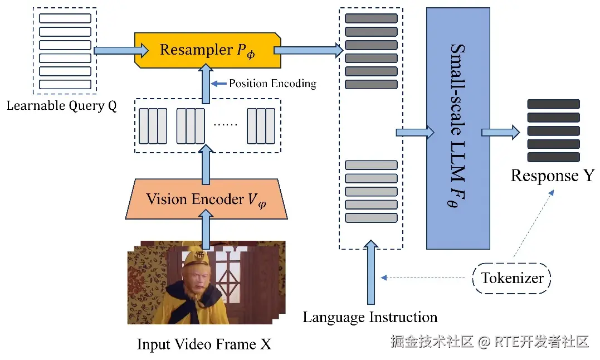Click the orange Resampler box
click(x=208, y=51)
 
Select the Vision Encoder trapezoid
click(x=206, y=199)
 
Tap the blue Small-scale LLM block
click(x=458, y=129)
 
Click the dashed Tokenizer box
click(x=511, y=278)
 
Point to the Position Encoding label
click(x=273, y=84)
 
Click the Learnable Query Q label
click(x=62, y=105)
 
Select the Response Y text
click(x=553, y=176)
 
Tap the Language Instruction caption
click(x=370, y=317)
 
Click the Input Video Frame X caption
click(x=204, y=344)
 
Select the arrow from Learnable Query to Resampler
click(x=121, y=50)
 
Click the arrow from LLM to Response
click(x=500, y=133)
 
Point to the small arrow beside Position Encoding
click(x=219, y=84)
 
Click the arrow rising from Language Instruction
click(x=370, y=272)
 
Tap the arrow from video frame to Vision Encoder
click(x=206, y=230)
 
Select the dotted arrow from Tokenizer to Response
click(x=534, y=223)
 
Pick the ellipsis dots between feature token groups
click(x=226, y=124)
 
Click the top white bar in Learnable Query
click(x=65, y=18)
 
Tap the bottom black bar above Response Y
click(x=553, y=157)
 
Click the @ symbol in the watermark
click(x=484, y=342)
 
